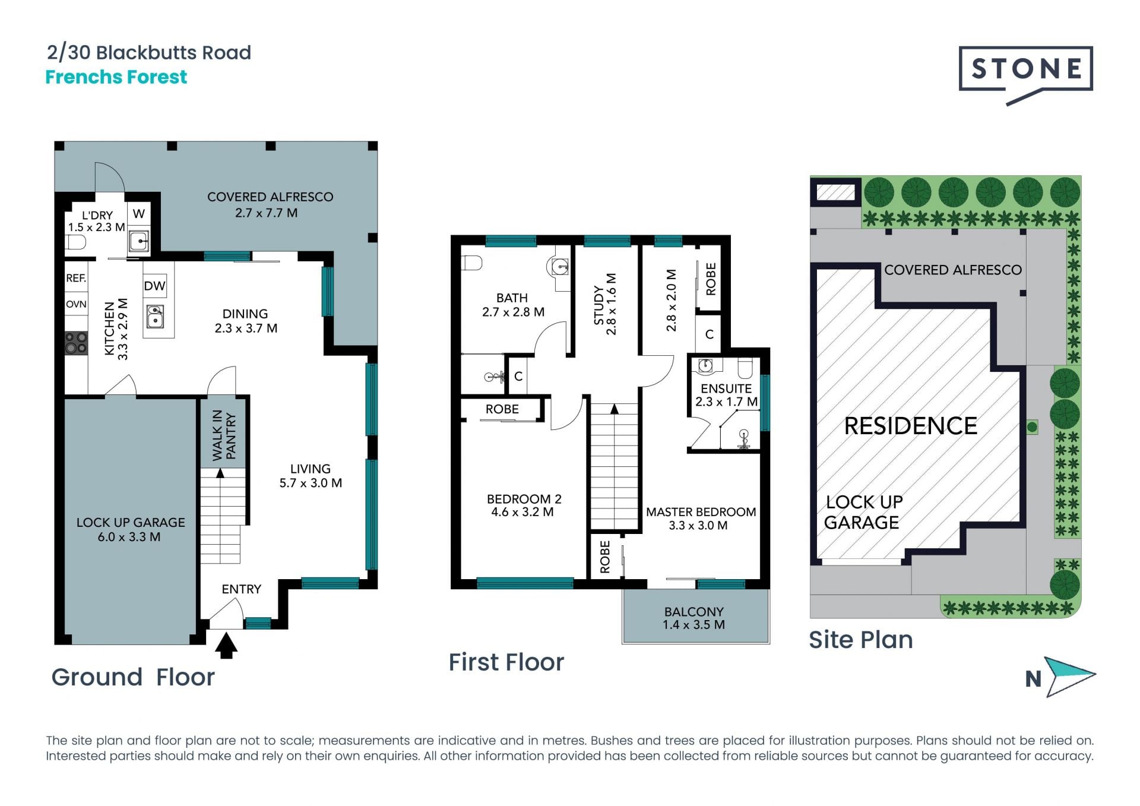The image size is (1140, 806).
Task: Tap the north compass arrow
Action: coord(1069,677)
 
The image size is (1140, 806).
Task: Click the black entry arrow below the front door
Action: coord(226,646)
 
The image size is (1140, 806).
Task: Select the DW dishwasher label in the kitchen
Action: coord(154,286)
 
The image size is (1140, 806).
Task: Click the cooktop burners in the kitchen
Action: coord(76,343)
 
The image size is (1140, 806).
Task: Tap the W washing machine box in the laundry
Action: coord(138,213)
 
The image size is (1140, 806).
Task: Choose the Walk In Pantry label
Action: coord(224,435)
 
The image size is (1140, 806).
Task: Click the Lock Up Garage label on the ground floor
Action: coord(131,529)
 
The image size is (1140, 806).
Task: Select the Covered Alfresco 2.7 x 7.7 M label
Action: coord(270,204)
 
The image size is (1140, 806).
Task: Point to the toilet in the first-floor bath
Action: coord(472,263)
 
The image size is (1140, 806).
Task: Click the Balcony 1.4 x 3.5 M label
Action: coord(694,618)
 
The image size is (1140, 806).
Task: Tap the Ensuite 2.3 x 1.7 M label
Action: coord(726,395)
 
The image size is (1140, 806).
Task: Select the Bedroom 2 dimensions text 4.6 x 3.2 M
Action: coord(522,512)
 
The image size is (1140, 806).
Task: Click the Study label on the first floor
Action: coord(598,305)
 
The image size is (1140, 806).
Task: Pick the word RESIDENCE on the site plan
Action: coord(911,426)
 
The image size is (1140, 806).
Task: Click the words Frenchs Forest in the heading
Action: coord(116,77)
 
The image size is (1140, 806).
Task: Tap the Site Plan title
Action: coord(861,640)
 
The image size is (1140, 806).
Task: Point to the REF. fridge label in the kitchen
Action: coord(76,278)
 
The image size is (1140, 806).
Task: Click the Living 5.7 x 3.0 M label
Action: coord(311,476)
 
